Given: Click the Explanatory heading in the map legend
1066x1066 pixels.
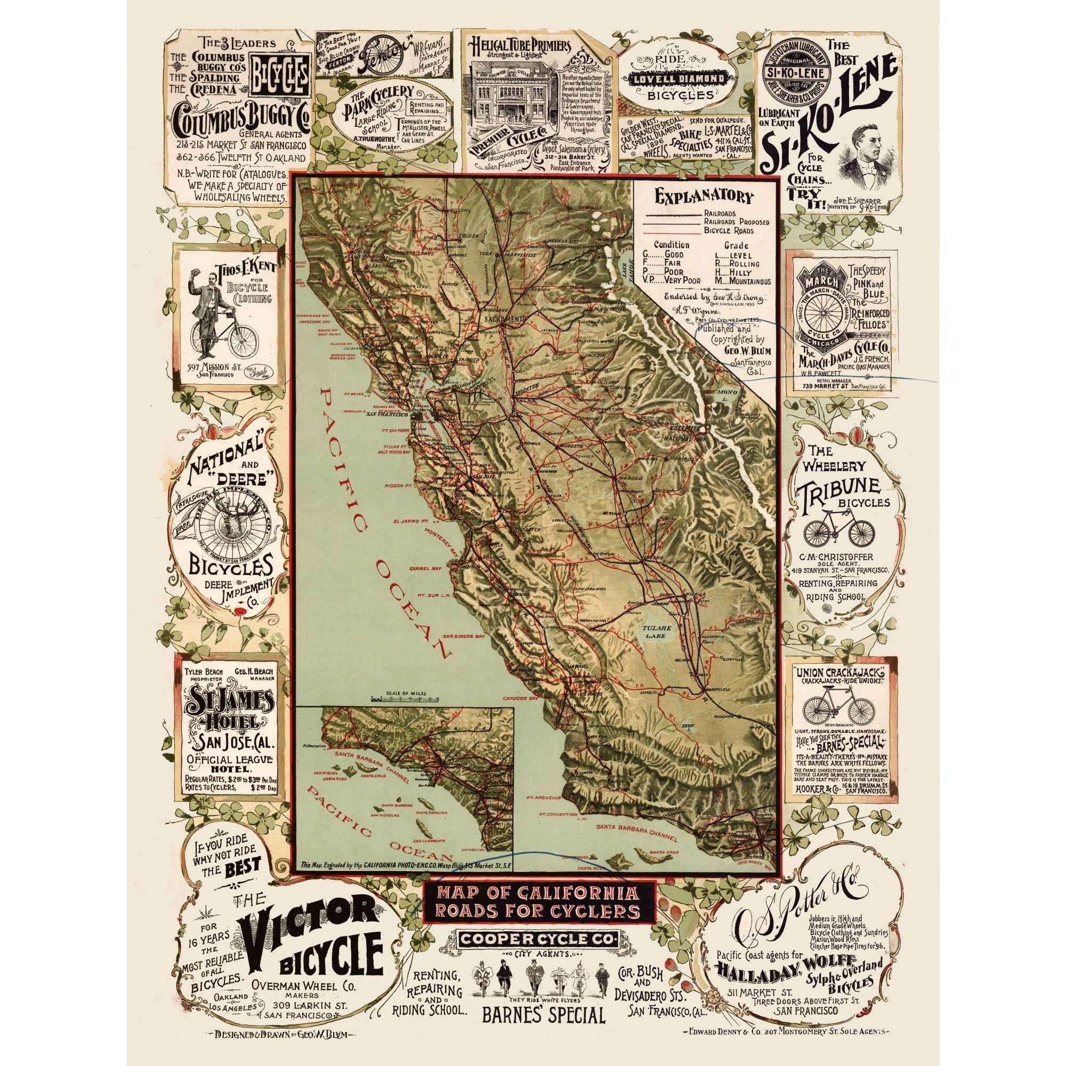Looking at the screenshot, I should click(x=703, y=197).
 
